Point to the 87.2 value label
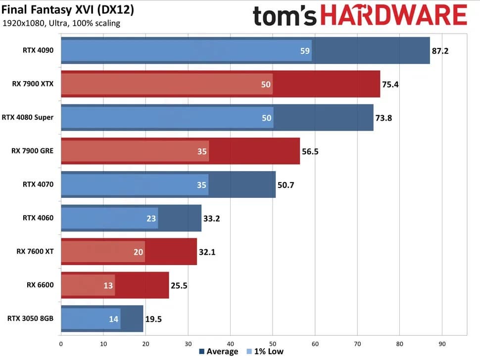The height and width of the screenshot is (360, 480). [440, 50]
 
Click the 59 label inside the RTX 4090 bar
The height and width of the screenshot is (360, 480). [305, 50]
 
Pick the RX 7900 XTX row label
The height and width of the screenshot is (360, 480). [33, 84]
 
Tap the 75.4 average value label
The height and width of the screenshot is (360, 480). [390, 84]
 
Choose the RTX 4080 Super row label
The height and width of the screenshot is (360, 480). [28, 117]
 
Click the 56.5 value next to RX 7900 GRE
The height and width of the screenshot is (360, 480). [310, 151]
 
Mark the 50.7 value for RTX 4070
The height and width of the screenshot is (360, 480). [286, 185]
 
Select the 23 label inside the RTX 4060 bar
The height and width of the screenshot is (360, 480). [152, 219]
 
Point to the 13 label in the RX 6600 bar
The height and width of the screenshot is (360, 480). [108, 285]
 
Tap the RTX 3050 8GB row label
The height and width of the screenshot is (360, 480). [31, 319]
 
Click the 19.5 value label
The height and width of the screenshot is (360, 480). [153, 319]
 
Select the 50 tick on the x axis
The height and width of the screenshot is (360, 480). [273, 344]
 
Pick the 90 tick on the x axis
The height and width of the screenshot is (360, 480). [442, 344]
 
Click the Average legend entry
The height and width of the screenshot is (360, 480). [218, 352]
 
